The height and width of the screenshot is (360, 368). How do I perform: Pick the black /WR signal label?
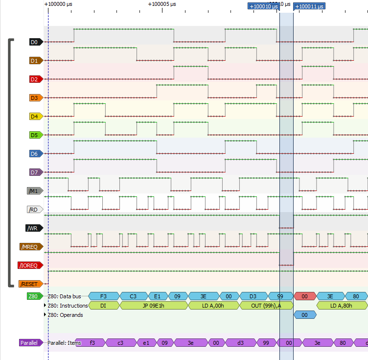[x=34, y=228]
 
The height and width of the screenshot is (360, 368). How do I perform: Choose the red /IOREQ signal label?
[x=30, y=265]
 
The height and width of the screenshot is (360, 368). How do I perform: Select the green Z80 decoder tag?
[x=33, y=296]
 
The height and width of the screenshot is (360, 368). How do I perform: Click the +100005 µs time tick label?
[x=161, y=4]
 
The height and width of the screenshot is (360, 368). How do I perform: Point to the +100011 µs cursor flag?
[x=309, y=6]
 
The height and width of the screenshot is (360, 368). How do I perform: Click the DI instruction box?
[x=103, y=306]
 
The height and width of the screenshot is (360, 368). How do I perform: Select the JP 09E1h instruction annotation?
[x=154, y=306]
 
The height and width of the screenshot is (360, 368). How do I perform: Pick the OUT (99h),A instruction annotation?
[x=266, y=306]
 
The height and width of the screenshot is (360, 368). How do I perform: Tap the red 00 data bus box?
[x=304, y=296]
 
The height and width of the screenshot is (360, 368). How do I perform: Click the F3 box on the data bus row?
[x=103, y=296]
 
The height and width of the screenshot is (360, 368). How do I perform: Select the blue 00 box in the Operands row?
[x=304, y=315]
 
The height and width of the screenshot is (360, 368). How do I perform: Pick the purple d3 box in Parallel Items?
[x=240, y=343]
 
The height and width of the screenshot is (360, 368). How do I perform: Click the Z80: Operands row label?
[x=65, y=315]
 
